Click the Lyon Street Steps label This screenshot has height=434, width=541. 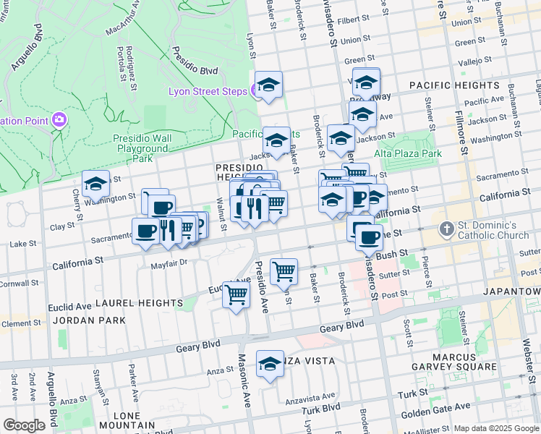coord(208,91)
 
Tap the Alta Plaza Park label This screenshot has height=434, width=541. coord(407,153)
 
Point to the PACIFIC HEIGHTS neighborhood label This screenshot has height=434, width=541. coord(454,85)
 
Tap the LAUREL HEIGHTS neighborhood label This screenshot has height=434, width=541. coord(131,302)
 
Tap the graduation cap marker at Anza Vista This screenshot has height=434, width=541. coord(270,364)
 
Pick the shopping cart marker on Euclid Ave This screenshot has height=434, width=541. coord(237,295)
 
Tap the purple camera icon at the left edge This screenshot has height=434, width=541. coord(59,120)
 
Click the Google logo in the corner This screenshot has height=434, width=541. coord(24,425)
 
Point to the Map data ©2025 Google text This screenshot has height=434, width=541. coord(496,428)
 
